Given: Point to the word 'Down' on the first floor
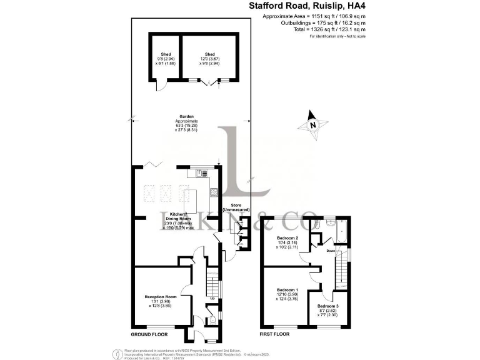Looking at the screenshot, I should (331, 251).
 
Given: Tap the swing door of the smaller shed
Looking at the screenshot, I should (160, 86).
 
